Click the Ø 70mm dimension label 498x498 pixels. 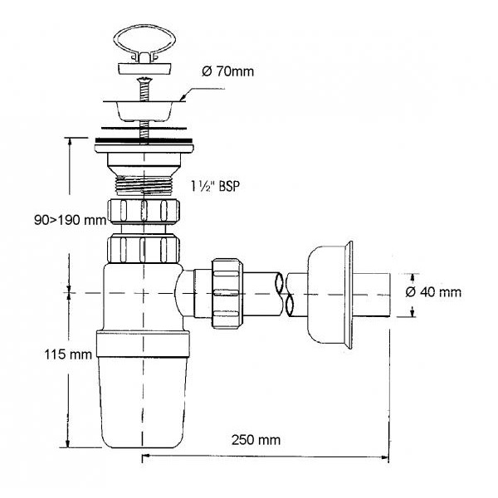[x=227, y=71]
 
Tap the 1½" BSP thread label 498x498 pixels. [x=215, y=186]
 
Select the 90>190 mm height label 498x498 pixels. [x=70, y=220]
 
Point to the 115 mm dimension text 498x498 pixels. [x=68, y=354]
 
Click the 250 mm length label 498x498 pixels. [x=256, y=440]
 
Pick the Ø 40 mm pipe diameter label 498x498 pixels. [x=433, y=292]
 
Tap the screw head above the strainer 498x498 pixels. [x=144, y=80]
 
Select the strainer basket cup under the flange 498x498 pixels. [x=144, y=111]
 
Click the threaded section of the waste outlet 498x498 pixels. [x=144, y=185]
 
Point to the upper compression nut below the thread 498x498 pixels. [x=144, y=211]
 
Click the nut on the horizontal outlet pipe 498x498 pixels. [x=227, y=294]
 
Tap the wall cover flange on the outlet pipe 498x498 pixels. [x=330, y=295]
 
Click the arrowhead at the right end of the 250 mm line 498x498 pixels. [x=385, y=457]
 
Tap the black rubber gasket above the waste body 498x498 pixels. [x=144, y=140]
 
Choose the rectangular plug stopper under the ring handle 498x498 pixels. [x=144, y=69]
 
